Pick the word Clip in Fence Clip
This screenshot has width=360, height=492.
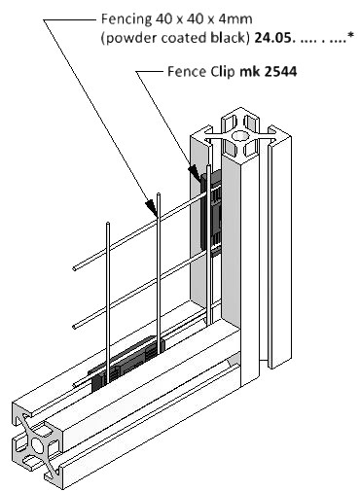223,72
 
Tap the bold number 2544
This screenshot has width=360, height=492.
280,72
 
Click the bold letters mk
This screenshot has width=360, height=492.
250,72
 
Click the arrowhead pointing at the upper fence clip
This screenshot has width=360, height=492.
195,172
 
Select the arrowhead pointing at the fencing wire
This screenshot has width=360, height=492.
152,207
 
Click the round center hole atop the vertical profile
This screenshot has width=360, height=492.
239,136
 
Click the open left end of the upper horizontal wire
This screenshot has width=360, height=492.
75,268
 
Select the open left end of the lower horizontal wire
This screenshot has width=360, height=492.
75,327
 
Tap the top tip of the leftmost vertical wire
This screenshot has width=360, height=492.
108,223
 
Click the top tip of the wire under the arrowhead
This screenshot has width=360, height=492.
159,194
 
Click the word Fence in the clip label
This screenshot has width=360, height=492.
187,72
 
